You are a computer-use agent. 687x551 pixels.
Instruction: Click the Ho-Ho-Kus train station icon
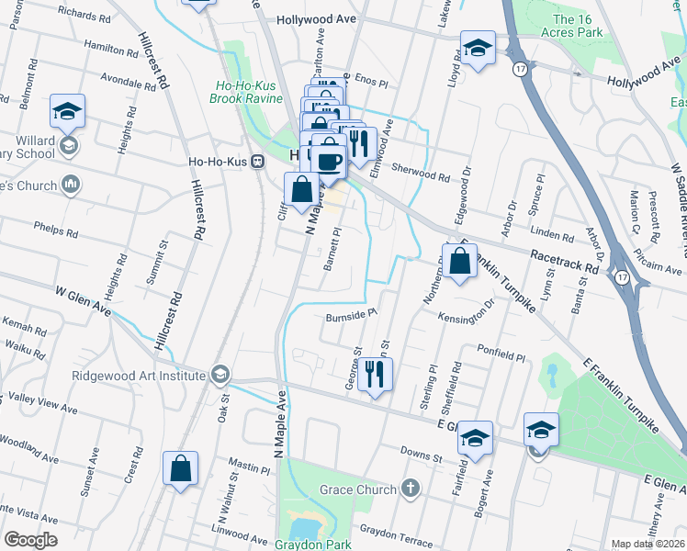[257, 161]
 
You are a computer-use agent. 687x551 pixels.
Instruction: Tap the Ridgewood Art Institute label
[139, 375]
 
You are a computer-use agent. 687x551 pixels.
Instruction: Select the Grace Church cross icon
[410, 489]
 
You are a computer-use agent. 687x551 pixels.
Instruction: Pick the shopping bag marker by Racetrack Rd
[460, 260]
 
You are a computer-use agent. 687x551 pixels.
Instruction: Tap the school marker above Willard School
[67, 112]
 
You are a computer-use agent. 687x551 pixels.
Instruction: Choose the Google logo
[30, 539]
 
